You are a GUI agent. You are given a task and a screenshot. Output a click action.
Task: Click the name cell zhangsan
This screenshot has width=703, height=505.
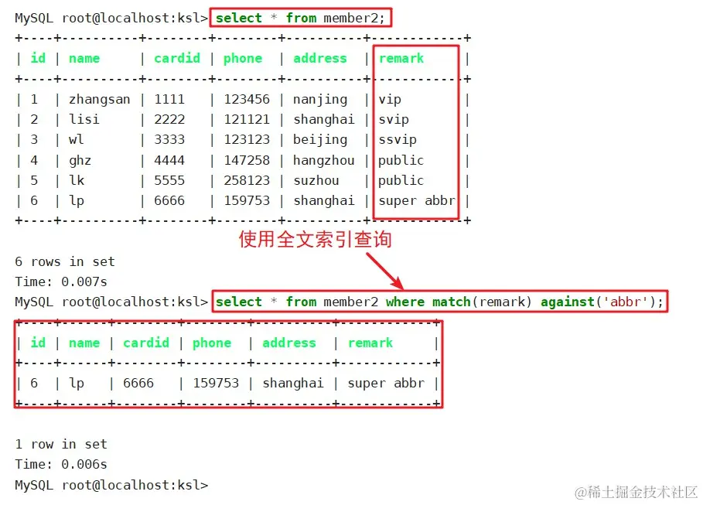[99, 100]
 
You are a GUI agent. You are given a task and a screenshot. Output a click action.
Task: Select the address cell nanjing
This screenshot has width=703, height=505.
[320, 100]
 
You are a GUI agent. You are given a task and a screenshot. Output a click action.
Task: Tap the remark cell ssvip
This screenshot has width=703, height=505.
[398, 140]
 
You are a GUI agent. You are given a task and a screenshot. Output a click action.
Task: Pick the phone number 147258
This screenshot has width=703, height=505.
[247, 160]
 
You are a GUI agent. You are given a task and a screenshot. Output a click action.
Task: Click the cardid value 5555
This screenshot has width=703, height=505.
[169, 180]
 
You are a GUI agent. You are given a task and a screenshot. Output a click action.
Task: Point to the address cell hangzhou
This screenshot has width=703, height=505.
[324, 160]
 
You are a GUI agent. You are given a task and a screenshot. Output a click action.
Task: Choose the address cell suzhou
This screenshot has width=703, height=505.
[316, 180]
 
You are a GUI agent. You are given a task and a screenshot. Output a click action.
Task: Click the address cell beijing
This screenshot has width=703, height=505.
[320, 140]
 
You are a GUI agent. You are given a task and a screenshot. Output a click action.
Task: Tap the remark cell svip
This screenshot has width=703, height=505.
[394, 120]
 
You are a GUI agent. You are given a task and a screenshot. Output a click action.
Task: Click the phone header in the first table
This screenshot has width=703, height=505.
[243, 58]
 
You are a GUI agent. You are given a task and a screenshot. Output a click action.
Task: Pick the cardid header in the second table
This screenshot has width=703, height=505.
[146, 343]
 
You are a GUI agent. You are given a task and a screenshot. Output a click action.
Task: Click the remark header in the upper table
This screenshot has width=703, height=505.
[401, 58]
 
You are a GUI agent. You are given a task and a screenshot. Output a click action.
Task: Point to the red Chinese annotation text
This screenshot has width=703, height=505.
[316, 239]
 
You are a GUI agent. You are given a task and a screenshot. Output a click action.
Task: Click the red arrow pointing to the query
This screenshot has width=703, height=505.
[384, 271]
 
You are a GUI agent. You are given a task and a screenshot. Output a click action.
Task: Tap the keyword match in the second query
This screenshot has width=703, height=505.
[451, 302]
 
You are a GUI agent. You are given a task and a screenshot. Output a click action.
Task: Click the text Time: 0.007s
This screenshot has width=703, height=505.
[61, 282]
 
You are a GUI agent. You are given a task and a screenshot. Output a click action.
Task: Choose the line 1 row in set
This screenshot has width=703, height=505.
[61, 444]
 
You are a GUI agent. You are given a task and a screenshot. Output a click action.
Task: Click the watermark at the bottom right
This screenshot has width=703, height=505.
[636, 492]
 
